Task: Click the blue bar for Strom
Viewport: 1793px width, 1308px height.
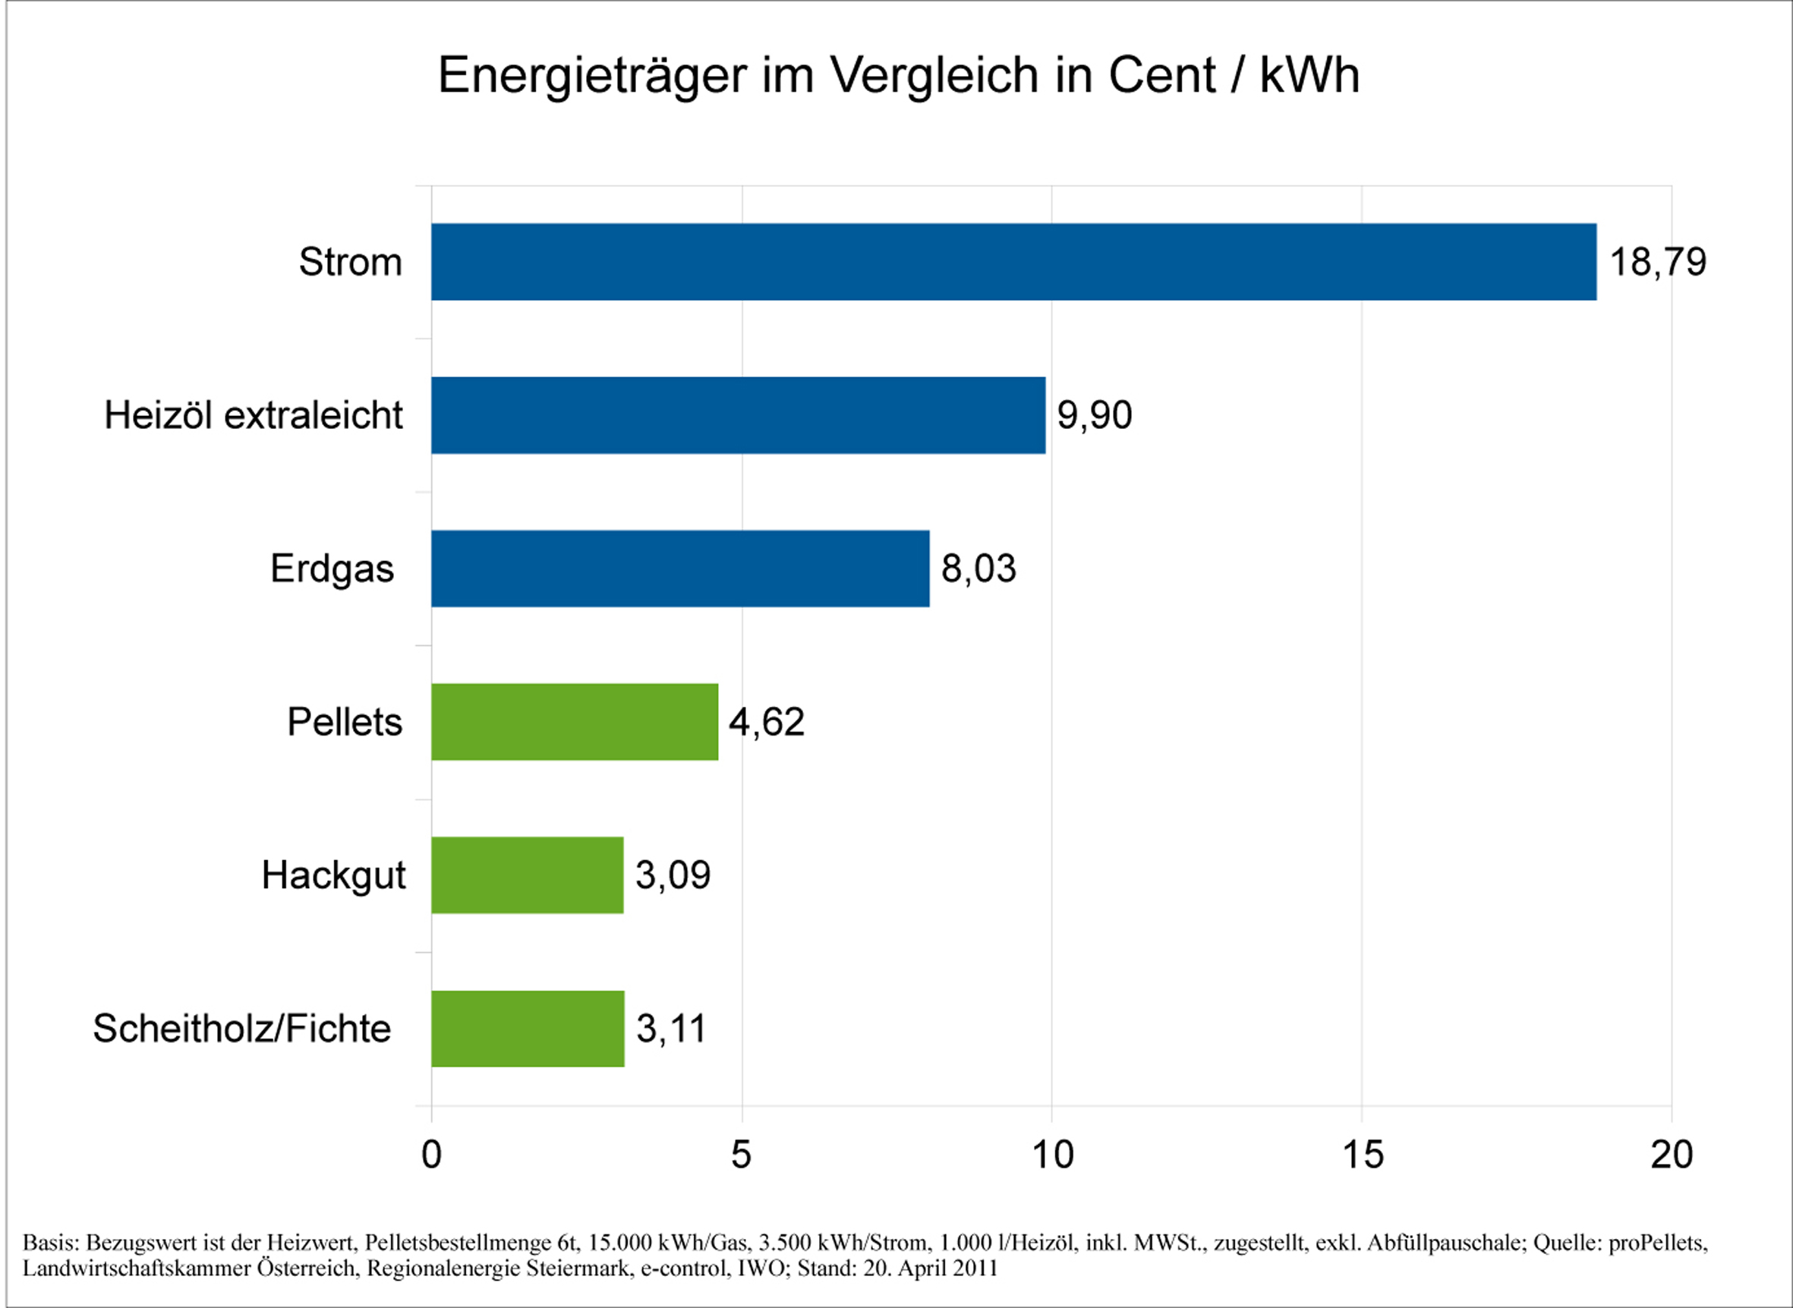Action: point(1013,262)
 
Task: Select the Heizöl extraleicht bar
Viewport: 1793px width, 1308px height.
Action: point(739,415)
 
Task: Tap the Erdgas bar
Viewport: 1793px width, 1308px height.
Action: point(681,569)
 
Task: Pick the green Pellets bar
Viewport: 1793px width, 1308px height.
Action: point(575,722)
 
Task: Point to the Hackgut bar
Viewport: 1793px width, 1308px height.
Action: point(528,875)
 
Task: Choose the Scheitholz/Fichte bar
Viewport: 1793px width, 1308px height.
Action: point(528,1029)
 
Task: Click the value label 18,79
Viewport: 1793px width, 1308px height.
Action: point(1659,263)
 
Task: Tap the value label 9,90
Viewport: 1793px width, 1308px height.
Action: point(1095,416)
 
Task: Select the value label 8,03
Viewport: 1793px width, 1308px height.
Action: point(978,569)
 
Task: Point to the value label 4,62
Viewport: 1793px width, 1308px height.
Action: point(766,723)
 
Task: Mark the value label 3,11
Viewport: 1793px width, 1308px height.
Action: point(670,1029)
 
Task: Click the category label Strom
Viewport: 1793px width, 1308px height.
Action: point(351,262)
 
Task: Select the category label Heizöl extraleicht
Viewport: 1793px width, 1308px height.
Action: point(254,416)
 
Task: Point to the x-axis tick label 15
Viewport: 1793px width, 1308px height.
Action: point(1363,1155)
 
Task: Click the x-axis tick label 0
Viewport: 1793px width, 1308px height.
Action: point(431,1155)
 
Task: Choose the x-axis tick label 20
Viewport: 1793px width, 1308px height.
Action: point(1672,1155)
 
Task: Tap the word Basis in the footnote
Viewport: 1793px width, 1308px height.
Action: point(51,1242)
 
